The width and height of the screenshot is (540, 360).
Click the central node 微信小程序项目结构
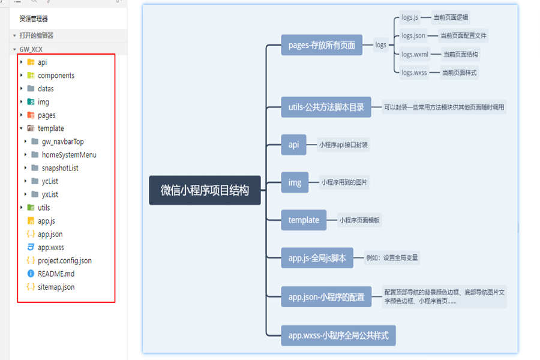point(205,190)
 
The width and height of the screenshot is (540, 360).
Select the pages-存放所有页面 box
point(322,45)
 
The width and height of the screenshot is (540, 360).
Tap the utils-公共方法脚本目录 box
point(326,108)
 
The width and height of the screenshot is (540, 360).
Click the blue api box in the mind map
point(293,145)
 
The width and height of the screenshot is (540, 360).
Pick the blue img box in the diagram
point(294,182)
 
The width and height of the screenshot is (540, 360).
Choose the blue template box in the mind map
point(304,220)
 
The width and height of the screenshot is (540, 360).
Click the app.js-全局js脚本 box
point(317,258)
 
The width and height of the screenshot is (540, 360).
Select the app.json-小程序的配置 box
point(326,296)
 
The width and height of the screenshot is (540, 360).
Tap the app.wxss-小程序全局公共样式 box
point(338,335)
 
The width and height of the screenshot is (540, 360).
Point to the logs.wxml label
point(415,55)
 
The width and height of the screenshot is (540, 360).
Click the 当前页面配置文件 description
point(464,36)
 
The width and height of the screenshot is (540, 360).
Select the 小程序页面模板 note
point(359,220)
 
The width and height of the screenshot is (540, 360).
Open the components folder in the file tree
point(56,76)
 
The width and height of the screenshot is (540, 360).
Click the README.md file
point(56,274)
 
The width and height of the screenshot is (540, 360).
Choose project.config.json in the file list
point(64,260)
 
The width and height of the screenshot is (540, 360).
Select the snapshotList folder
point(60,168)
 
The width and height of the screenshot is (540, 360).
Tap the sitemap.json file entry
point(56,287)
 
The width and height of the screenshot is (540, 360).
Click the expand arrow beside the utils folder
point(22,208)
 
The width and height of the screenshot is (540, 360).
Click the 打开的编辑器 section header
point(36,35)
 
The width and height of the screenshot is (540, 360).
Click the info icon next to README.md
point(31,274)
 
